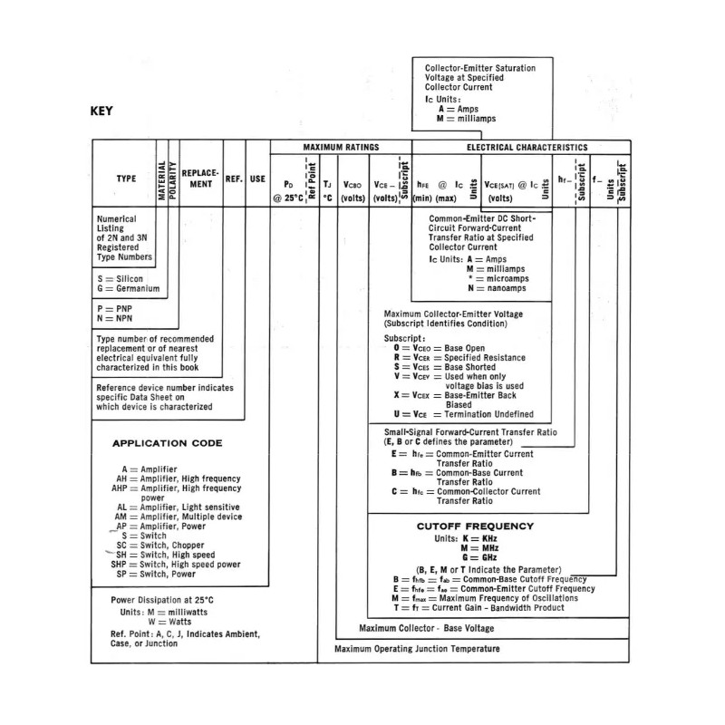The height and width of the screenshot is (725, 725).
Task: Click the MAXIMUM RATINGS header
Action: click(x=341, y=146)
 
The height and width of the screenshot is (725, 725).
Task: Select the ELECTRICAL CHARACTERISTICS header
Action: click(x=527, y=147)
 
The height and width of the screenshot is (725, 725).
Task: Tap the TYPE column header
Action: click(x=126, y=179)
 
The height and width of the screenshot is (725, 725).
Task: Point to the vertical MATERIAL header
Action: click(x=161, y=179)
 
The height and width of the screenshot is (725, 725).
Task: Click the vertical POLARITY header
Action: click(x=172, y=179)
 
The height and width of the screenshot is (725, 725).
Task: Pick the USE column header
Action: click(x=257, y=179)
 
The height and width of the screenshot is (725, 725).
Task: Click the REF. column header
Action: click(x=234, y=179)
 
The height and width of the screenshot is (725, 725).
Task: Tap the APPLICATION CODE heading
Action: click(x=167, y=443)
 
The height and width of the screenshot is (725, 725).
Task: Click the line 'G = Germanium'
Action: click(x=127, y=289)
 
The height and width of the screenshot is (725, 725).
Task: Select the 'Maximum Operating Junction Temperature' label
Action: click(x=417, y=649)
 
